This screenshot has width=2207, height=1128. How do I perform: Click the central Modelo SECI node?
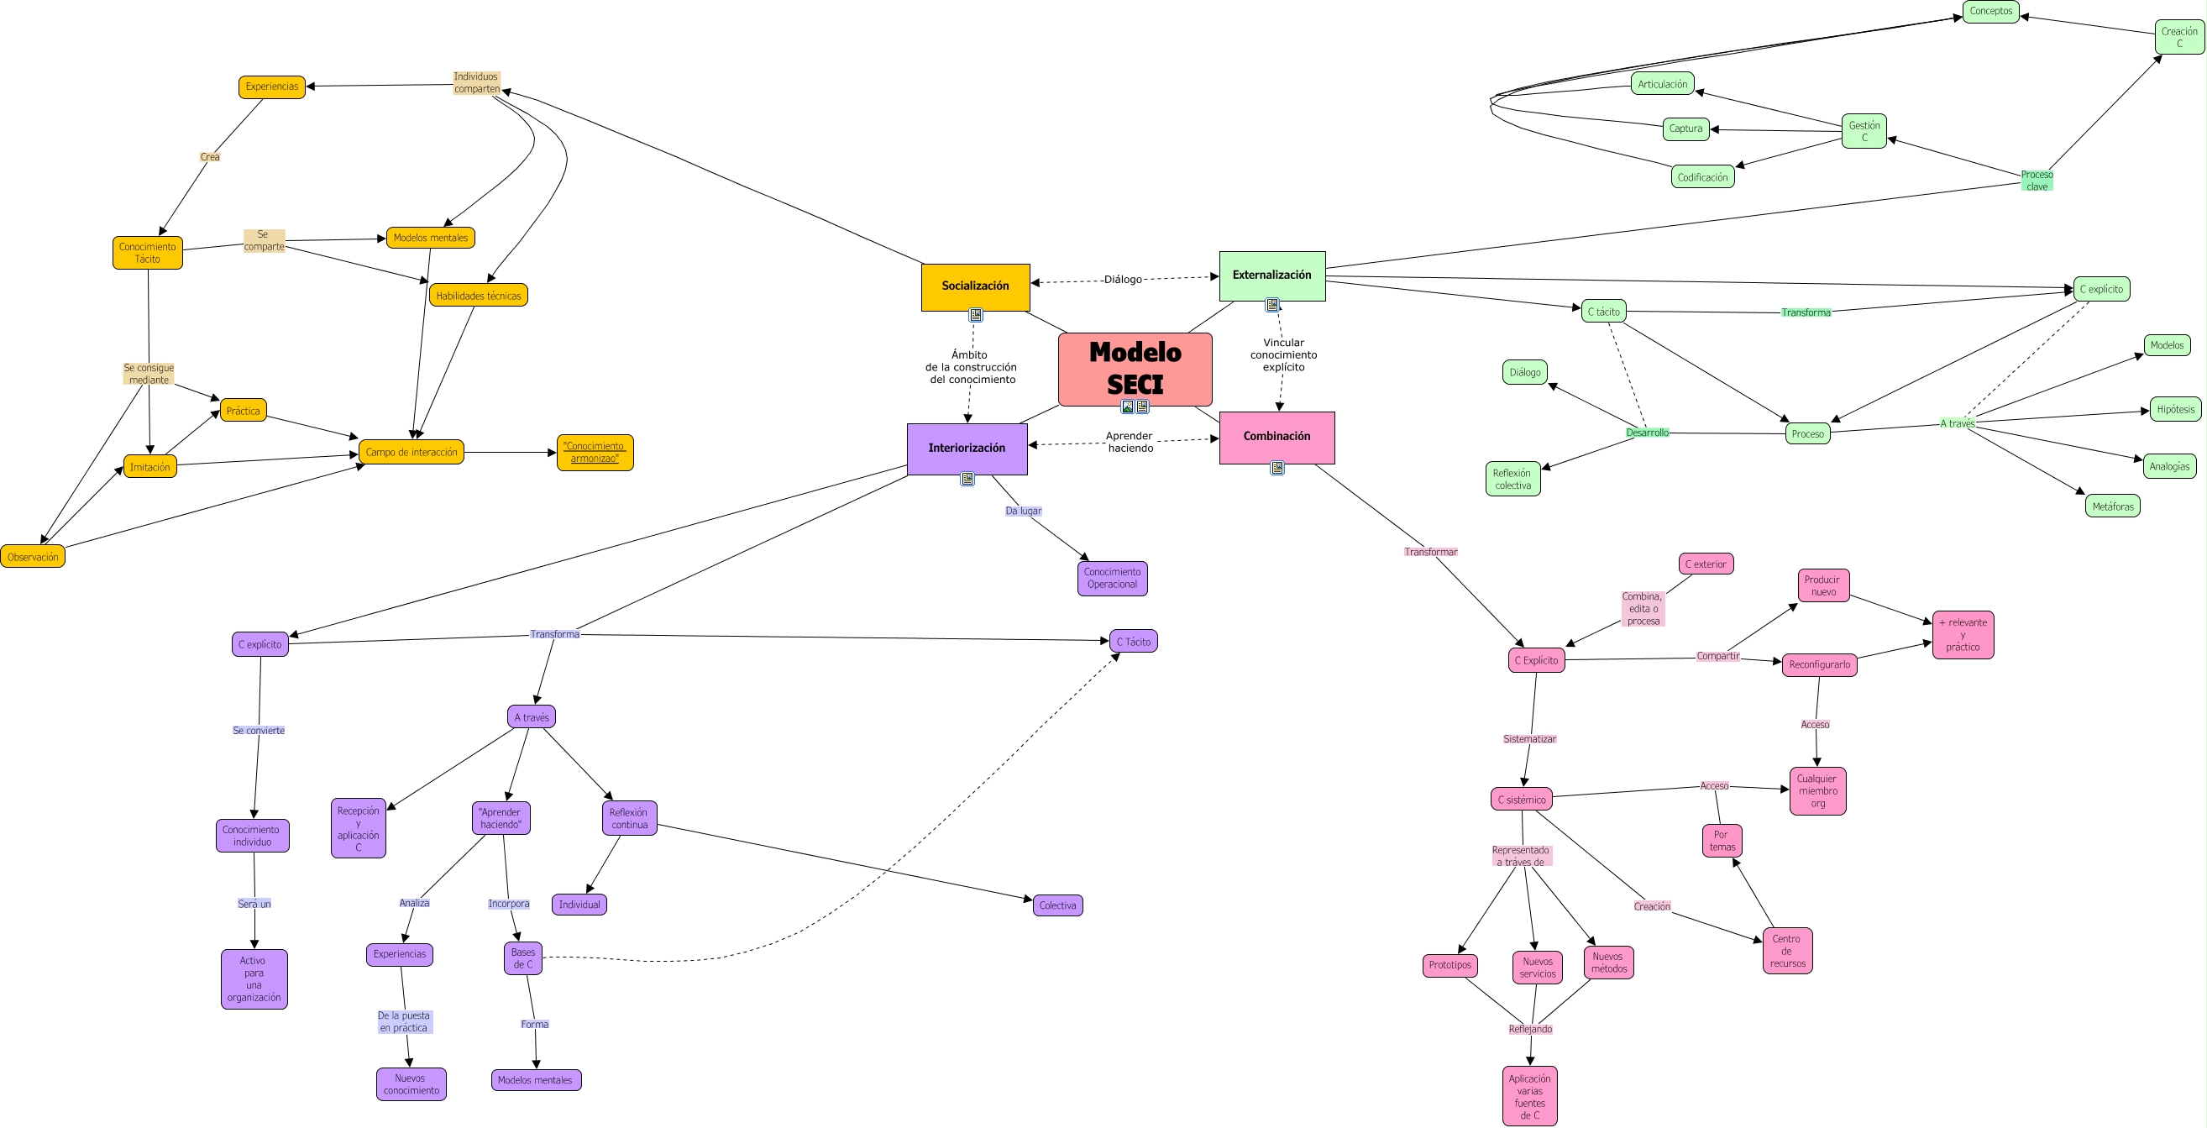1135,368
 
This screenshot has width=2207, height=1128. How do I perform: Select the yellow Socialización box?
975,286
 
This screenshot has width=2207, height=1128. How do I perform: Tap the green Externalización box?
1271,275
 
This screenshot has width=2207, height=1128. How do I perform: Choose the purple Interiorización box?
967,449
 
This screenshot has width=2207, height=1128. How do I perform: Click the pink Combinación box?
1276,436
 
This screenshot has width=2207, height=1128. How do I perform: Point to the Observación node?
33,557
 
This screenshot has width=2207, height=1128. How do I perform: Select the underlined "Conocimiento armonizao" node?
595,453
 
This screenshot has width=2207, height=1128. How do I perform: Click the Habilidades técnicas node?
478,296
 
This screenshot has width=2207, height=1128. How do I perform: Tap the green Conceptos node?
1990,11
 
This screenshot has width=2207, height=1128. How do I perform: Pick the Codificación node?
1702,177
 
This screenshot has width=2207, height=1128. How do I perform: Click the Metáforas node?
2113,506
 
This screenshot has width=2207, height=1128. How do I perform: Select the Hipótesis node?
2175,410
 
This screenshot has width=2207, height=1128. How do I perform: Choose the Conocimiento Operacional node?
1112,579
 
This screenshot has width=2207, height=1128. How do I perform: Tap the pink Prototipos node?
1449,965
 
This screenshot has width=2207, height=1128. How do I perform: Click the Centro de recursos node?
1787,952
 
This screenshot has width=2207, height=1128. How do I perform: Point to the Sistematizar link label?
1529,739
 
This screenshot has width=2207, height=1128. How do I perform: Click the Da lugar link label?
1023,511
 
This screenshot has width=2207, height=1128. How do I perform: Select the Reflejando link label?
1530,1030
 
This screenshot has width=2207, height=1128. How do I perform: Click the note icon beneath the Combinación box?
1277,468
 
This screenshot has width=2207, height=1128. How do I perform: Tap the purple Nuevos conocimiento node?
412,1085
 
